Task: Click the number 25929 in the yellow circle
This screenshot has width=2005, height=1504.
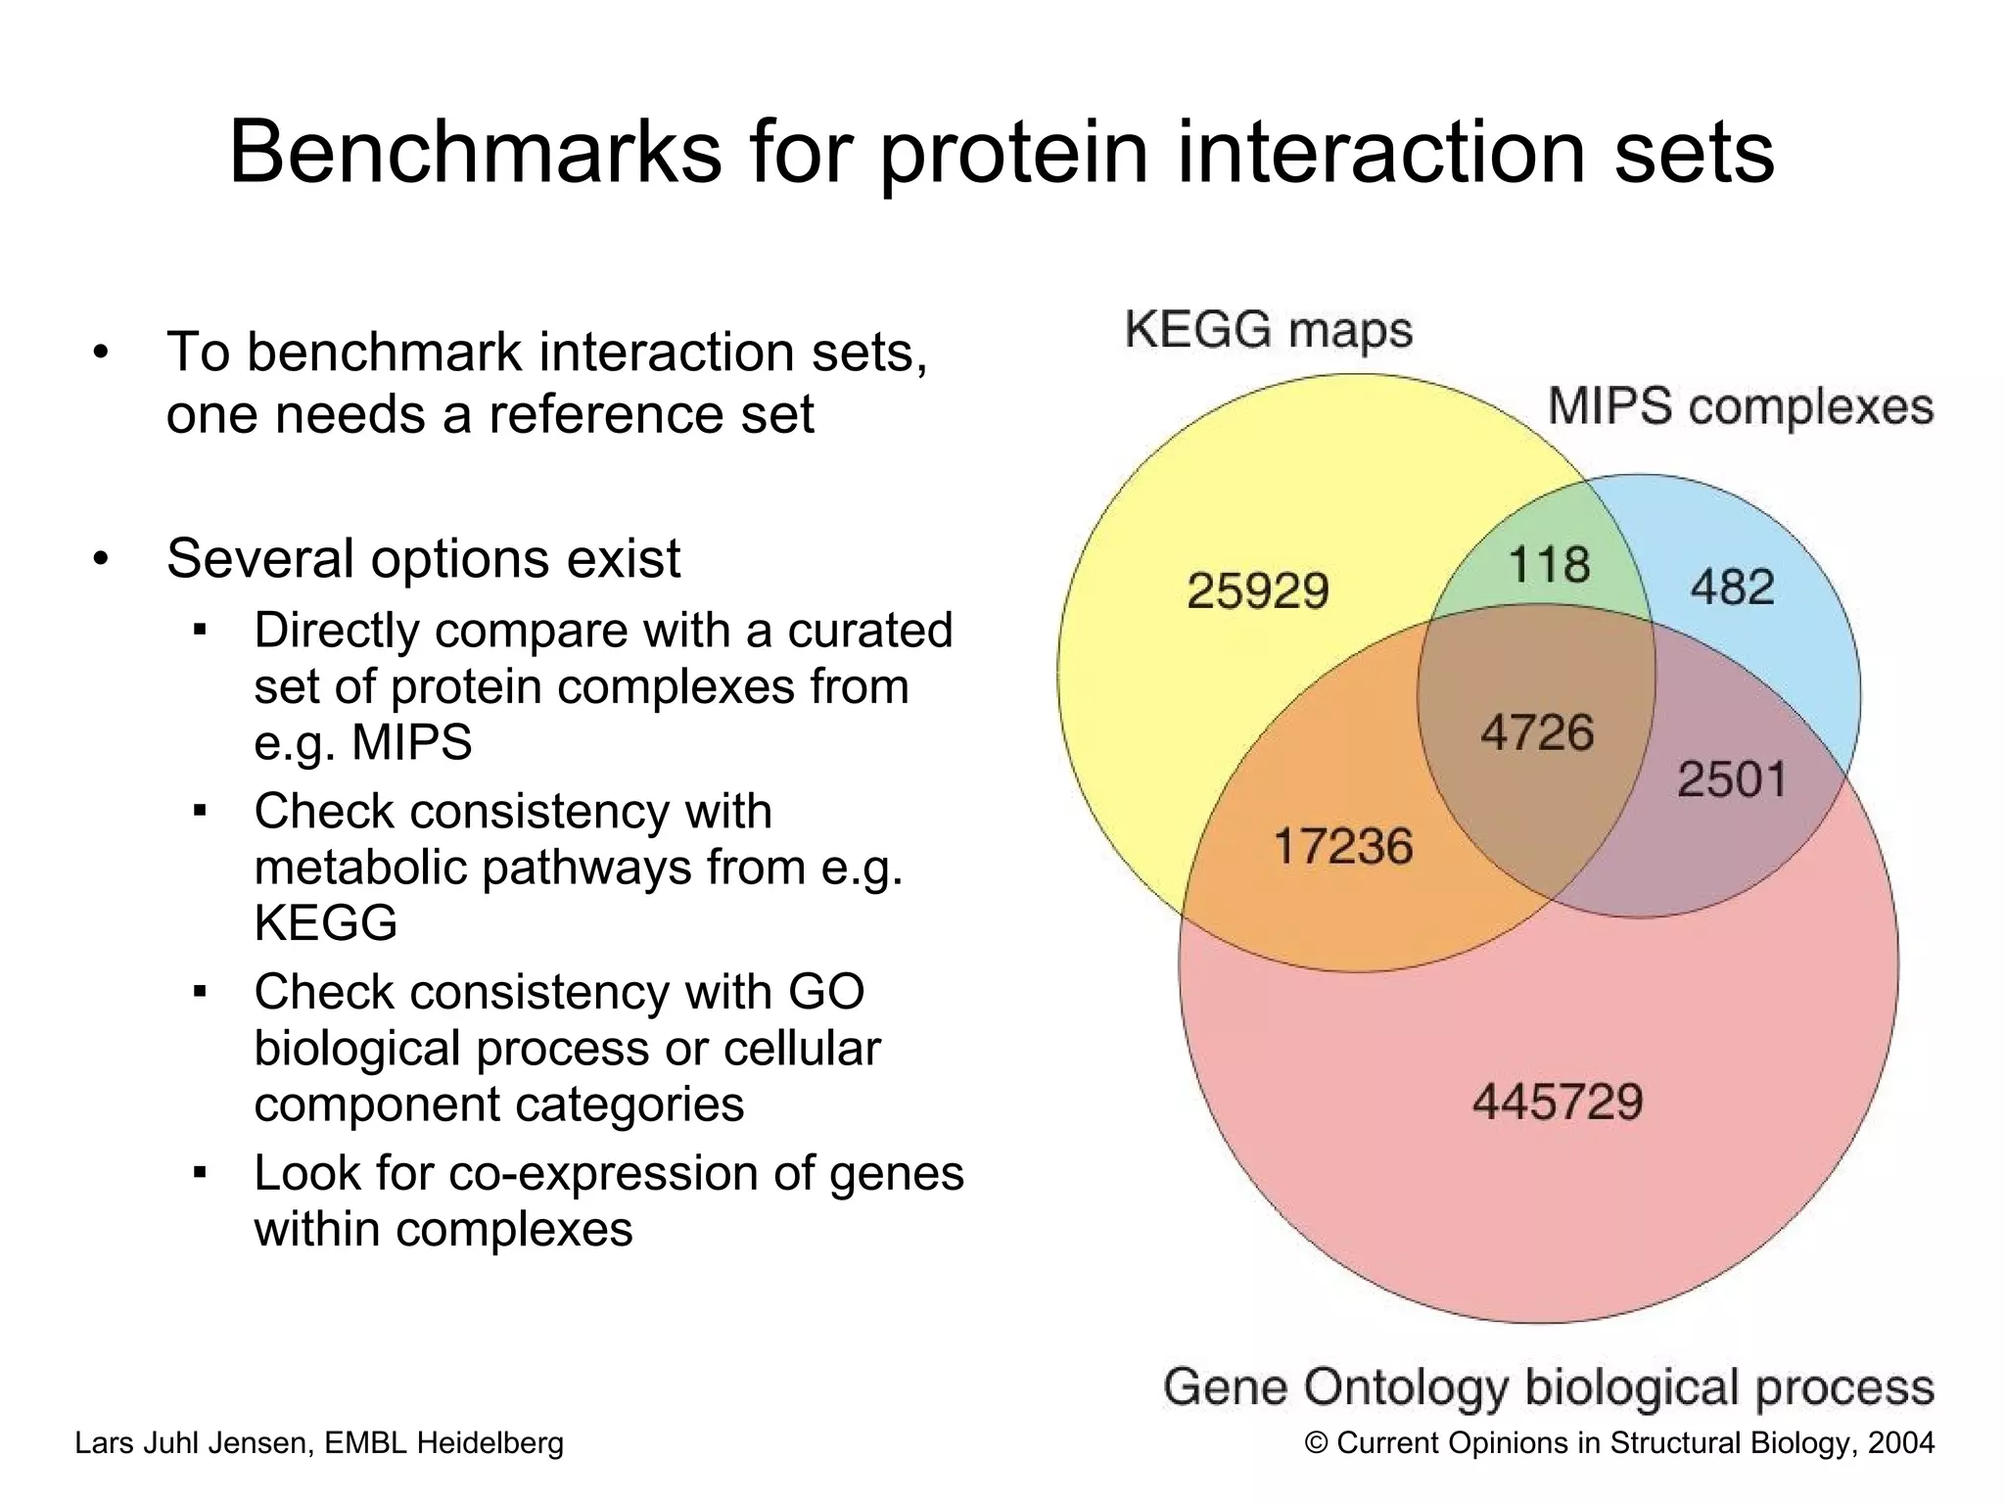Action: point(1257,590)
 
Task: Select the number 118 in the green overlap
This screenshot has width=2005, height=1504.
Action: point(1549,565)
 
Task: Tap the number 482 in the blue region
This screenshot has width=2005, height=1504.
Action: point(1732,587)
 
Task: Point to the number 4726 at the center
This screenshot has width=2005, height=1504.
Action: point(1536,732)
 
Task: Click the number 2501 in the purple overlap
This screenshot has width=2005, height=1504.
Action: point(1732,780)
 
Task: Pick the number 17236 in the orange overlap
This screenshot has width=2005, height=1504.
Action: point(1342,846)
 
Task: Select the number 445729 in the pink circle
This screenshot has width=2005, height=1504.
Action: point(1557,1103)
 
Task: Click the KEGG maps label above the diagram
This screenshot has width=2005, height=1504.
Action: point(1268,330)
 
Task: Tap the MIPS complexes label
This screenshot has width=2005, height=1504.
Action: point(1740,406)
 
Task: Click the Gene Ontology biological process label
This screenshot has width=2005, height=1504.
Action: point(1548,1387)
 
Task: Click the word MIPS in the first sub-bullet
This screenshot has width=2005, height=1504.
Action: point(411,742)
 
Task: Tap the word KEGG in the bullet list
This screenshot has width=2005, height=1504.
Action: point(325,922)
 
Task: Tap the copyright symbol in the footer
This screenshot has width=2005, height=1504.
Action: point(1317,1443)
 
